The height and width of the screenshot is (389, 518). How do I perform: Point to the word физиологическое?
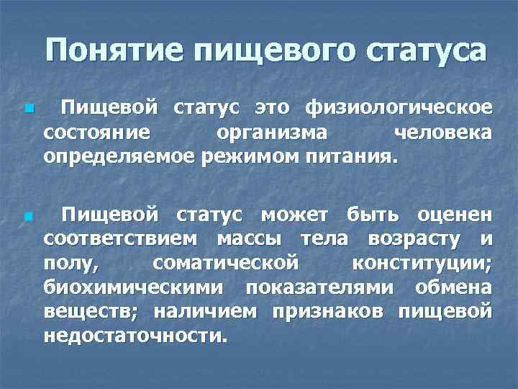(x=399, y=109)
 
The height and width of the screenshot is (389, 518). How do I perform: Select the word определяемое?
(x=117, y=156)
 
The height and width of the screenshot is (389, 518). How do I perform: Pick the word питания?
(x=346, y=156)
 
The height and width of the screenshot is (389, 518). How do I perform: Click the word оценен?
(x=456, y=215)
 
